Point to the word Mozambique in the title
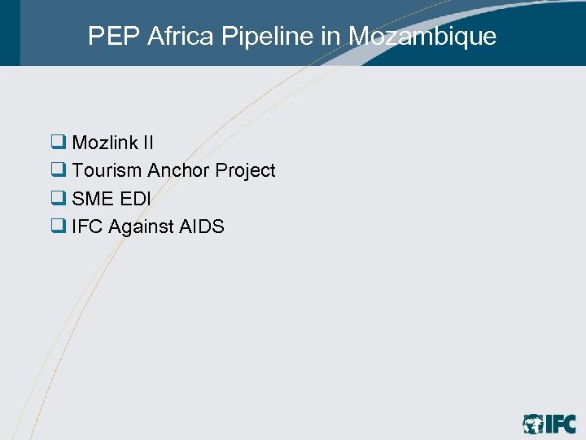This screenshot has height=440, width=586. (x=422, y=36)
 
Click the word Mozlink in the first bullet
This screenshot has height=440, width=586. (x=105, y=143)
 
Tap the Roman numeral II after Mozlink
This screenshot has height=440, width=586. (x=148, y=143)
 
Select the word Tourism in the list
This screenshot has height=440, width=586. (x=107, y=170)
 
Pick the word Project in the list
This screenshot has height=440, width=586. (x=246, y=170)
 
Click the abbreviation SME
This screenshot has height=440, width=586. (x=91, y=198)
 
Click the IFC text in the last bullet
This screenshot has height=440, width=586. (x=87, y=227)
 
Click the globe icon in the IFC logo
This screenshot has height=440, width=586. (x=534, y=424)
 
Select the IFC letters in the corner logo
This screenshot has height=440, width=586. (x=561, y=424)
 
